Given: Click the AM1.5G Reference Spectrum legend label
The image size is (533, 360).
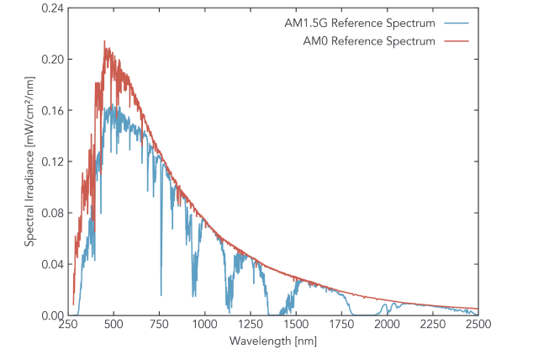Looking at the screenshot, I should tap(372, 22).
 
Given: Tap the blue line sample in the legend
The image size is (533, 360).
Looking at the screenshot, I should tap(459, 22).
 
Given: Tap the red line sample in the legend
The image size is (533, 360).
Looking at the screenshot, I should tap(459, 40).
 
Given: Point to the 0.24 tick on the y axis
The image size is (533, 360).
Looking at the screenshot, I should tap(54, 8).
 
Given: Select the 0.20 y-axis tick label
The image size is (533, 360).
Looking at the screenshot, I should tap(54, 60).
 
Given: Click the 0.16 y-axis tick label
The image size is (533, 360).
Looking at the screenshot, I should tap(54, 111).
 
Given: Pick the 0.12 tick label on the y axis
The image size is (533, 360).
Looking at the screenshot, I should tap(54, 162).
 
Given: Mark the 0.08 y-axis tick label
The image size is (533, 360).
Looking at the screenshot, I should tap(54, 214).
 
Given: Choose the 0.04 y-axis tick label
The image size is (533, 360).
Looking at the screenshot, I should tap(54, 265).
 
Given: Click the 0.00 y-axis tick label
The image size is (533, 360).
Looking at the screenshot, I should tap(54, 316).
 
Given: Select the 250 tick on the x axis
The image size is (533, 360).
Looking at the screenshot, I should tap(70, 325).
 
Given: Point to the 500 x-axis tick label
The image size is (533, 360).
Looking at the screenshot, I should tap(115, 325).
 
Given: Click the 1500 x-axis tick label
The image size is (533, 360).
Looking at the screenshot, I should tap(297, 325).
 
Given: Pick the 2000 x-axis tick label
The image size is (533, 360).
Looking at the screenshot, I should tap(388, 325).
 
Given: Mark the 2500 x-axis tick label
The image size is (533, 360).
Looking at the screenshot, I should tap(478, 325).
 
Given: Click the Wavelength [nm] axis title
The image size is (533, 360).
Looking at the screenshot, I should tap(274, 341).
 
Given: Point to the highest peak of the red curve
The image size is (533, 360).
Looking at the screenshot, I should tap(104, 41).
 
